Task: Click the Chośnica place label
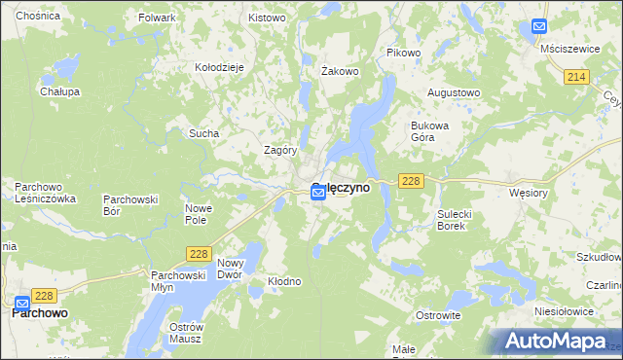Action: point(37,17)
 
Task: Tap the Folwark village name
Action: point(157,18)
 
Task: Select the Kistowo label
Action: point(267,18)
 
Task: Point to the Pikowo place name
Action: point(403,53)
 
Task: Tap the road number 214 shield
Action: point(577,77)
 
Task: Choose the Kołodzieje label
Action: point(219,67)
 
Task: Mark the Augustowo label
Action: point(455,93)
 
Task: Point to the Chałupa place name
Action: point(59,91)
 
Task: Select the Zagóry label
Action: point(280,151)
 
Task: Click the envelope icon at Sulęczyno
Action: point(318,195)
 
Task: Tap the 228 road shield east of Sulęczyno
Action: point(410,181)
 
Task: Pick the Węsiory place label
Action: point(530,193)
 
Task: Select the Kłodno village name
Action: point(284,281)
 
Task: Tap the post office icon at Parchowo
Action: point(22,302)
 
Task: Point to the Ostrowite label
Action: point(438,316)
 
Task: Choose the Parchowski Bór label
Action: point(130,204)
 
